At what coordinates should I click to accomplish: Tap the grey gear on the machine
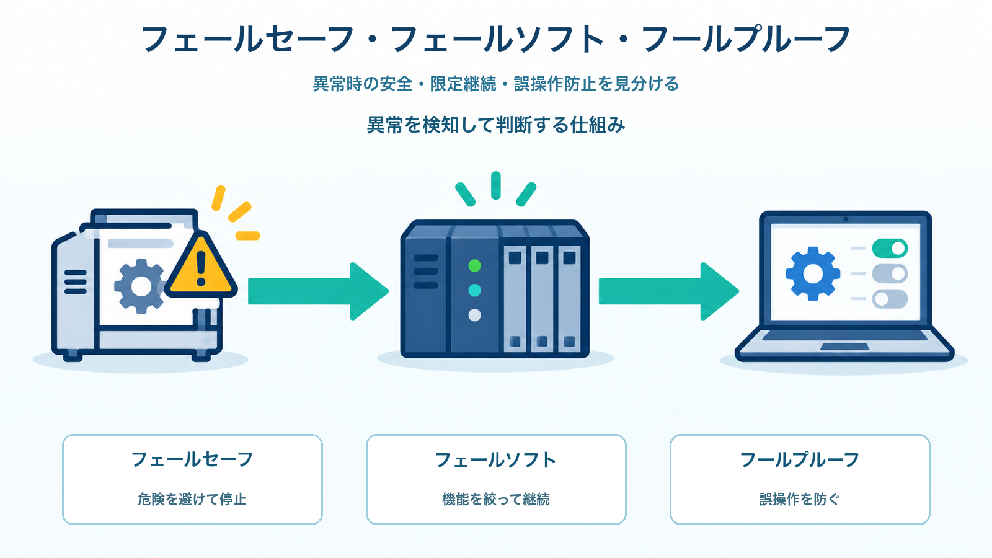[x=140, y=286]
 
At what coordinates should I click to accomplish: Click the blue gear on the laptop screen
[x=813, y=273]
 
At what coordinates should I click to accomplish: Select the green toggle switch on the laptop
[x=890, y=249]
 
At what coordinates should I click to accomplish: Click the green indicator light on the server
[x=474, y=266]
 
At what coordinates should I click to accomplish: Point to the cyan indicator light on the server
[x=474, y=291]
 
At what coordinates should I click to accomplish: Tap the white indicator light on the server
[x=474, y=316]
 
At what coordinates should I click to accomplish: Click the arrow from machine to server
[x=318, y=291]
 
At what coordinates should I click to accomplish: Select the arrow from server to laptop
[x=669, y=291]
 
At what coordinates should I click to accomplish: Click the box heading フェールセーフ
[x=192, y=459]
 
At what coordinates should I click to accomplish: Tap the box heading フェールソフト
[x=495, y=460]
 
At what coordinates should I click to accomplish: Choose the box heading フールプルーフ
[x=799, y=460]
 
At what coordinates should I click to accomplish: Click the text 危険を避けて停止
[x=192, y=499]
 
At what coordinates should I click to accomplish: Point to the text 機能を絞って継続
[x=496, y=499]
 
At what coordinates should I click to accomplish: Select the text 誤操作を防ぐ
[x=799, y=499]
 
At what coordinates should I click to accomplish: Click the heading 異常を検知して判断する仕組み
[x=496, y=125]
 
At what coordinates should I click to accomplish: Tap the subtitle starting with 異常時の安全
[x=496, y=83]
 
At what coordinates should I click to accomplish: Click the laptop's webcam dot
[x=846, y=219]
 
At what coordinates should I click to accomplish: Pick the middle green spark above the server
[x=496, y=185]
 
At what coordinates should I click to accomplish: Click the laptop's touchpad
[x=844, y=347]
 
